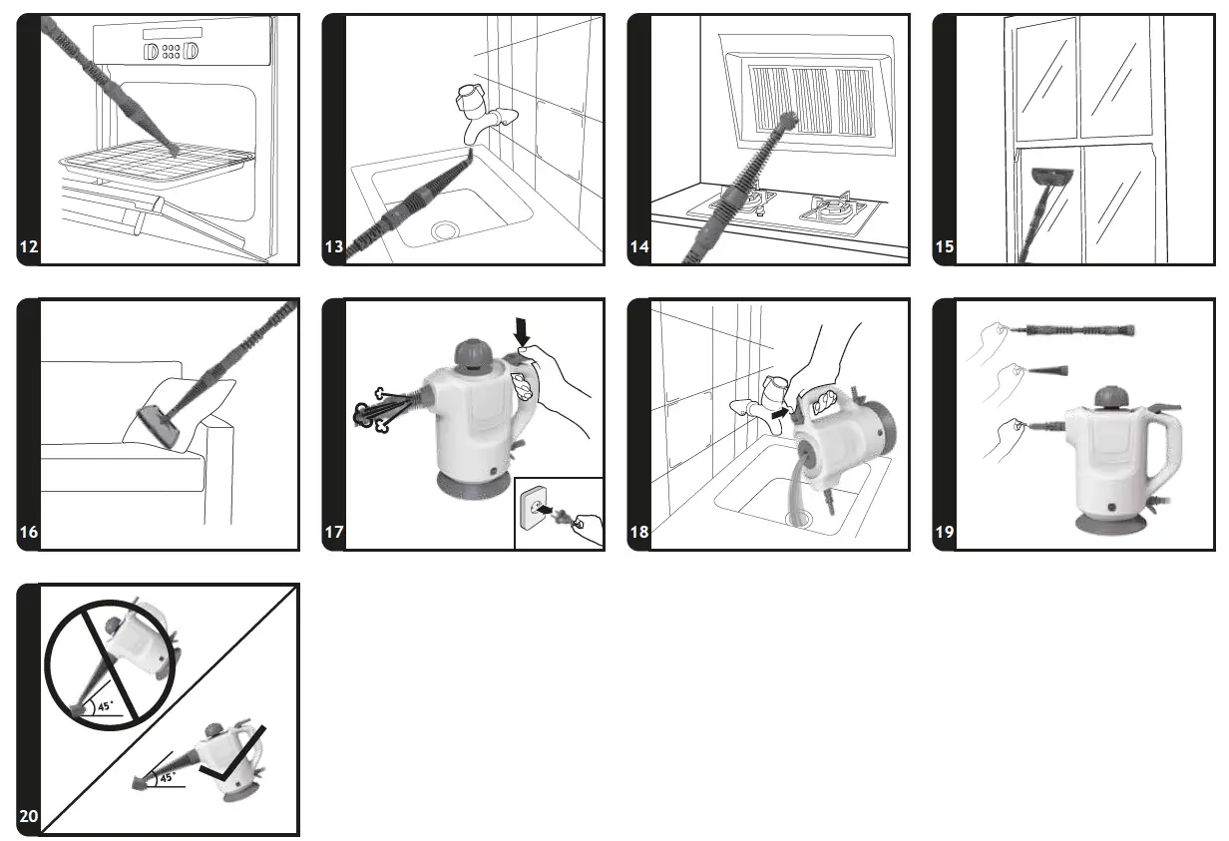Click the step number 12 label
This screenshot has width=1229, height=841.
click(29, 247)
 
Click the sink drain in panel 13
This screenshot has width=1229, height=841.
click(445, 231)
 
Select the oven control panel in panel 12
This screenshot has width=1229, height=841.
click(171, 50)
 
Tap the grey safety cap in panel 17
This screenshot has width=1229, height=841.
click(473, 352)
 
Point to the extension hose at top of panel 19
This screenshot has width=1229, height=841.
click(1075, 328)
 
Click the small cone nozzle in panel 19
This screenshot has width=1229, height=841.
click(1047, 370)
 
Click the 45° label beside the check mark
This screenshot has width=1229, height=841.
click(167, 776)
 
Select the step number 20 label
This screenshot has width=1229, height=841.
click(29, 817)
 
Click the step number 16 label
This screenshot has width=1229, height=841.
click(29, 532)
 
